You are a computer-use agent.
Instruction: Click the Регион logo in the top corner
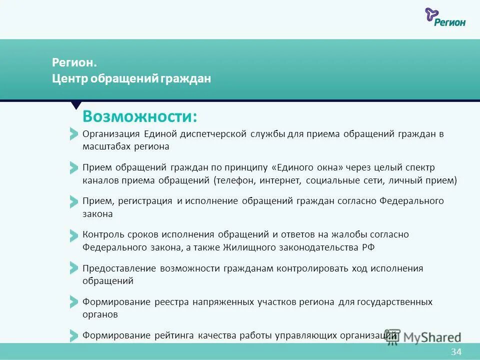[x=445, y=17]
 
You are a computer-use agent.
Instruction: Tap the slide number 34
[x=456, y=351]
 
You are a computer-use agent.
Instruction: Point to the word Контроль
[x=102, y=234]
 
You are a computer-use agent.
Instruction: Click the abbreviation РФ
[x=367, y=247]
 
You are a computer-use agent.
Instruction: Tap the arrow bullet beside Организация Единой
[x=74, y=134]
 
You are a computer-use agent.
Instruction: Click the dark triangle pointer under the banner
[x=76, y=105]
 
